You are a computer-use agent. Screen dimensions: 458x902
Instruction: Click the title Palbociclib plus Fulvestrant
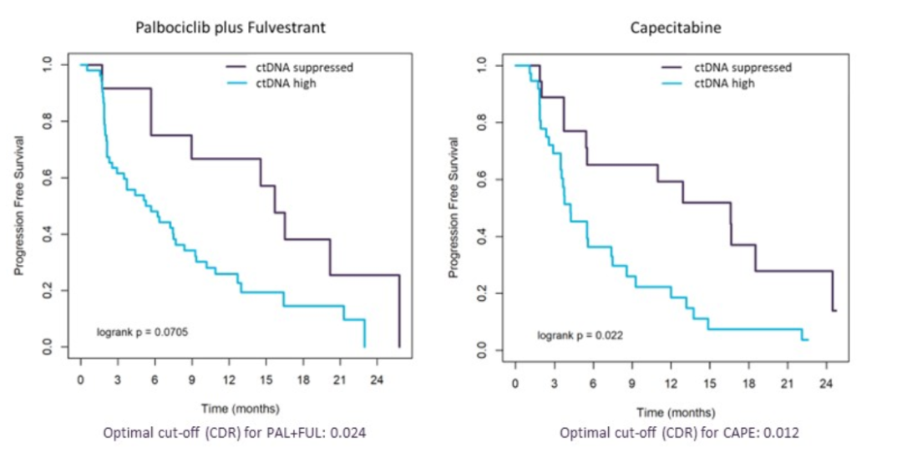231,28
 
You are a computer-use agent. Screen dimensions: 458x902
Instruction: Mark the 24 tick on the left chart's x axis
377,379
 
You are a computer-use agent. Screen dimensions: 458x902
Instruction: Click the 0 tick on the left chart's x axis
80,379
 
